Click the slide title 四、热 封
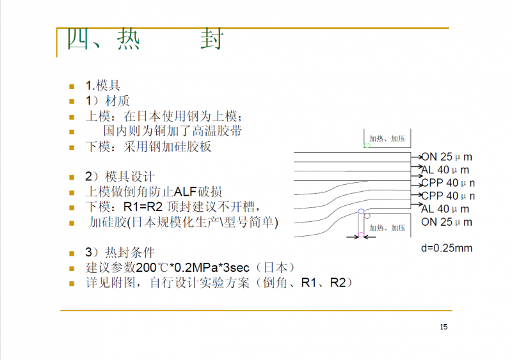145,40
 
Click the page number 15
444,327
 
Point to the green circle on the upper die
367,146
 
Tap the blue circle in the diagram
361,211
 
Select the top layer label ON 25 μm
447,157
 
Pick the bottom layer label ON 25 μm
447,222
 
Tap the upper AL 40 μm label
445,170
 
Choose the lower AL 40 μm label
445,209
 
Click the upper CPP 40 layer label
448,183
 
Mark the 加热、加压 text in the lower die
388,228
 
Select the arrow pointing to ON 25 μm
416,156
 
